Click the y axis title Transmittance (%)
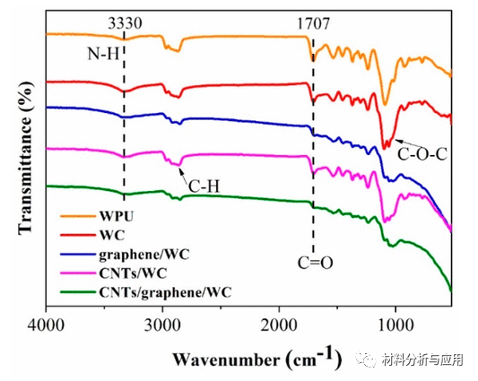tap(15, 161)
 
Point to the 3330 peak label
tap(123, 15)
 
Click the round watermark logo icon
tap(365, 360)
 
